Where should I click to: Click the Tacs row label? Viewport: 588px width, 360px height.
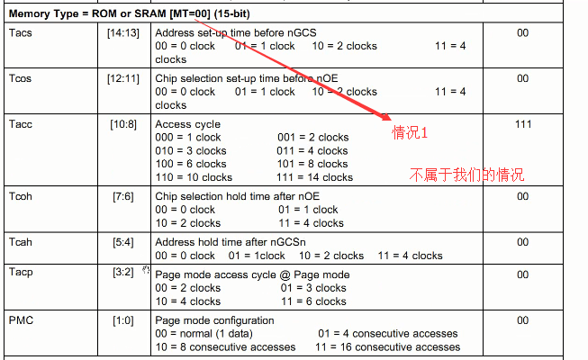tap(21, 31)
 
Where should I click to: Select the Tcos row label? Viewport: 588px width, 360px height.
tap(22, 78)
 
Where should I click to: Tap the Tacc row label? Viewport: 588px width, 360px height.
tap(22, 123)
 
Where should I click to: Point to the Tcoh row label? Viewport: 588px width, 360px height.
tap(22, 195)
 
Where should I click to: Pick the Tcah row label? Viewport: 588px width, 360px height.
tap(22, 242)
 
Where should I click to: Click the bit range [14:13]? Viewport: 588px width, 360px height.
tap(124, 31)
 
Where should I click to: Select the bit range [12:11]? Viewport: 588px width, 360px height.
tap(124, 78)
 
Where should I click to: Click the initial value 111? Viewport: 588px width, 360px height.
tap(522, 123)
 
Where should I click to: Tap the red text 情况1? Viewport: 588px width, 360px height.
tap(410, 132)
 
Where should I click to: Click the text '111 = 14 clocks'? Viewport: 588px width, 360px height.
tap(312, 177)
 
